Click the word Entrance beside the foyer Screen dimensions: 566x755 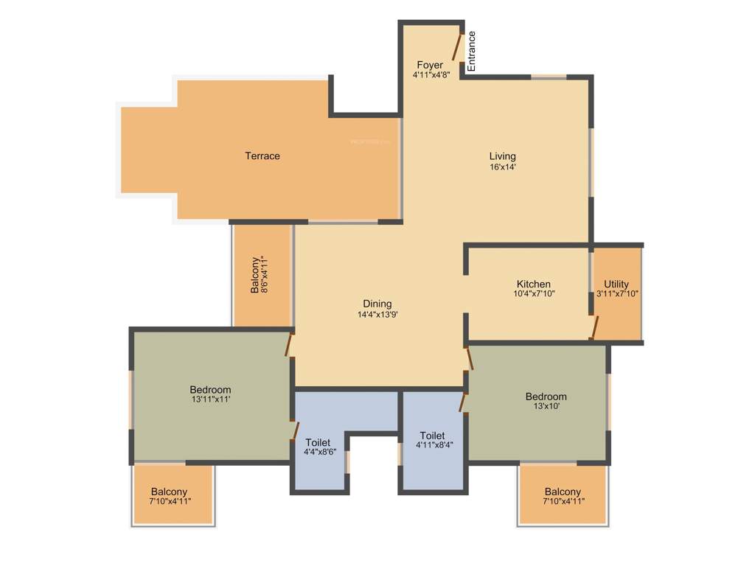pyautogui.click(x=472, y=52)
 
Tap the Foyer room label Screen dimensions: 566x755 pyautogui.click(x=430, y=65)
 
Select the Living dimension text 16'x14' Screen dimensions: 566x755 pyautogui.click(x=502, y=167)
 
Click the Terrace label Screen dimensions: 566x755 pyautogui.click(x=262, y=156)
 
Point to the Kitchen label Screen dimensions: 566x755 pyautogui.click(x=533, y=284)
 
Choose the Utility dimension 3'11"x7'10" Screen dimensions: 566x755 pyautogui.click(x=617, y=293)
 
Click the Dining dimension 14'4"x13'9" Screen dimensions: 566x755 pyautogui.click(x=377, y=315)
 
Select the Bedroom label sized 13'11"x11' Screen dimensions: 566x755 pyautogui.click(x=210, y=390)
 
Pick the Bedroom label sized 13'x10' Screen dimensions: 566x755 pyautogui.click(x=546, y=396)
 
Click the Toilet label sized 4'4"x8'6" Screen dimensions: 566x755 pyautogui.click(x=318, y=442)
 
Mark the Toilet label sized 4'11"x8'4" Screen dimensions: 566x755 pyautogui.click(x=432, y=435)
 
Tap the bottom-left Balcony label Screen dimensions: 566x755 pyautogui.click(x=169, y=492)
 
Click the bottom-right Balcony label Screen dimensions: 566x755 pyautogui.click(x=563, y=492)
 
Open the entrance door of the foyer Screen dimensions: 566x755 pyautogui.click(x=457, y=47)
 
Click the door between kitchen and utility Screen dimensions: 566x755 pyautogui.click(x=594, y=327)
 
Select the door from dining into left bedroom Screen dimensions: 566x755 pyautogui.click(x=290, y=344)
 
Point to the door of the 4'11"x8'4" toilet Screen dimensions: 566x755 pyautogui.click(x=464, y=402)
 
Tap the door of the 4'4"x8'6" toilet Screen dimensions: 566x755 pyautogui.click(x=295, y=430)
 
